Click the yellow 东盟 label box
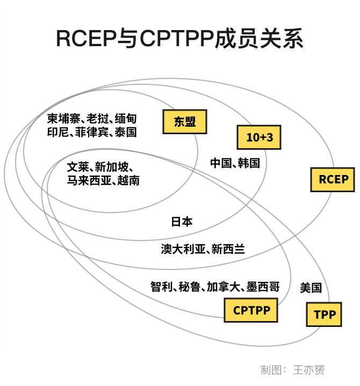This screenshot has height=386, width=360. (x=185, y=122)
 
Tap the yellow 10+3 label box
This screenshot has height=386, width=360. (x=260, y=137)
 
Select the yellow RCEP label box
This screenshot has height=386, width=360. (x=333, y=179)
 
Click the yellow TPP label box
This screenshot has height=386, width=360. (x=324, y=315)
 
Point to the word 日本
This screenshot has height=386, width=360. (x=182, y=221)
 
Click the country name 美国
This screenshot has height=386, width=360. (x=311, y=288)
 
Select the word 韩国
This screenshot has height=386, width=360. (x=249, y=163)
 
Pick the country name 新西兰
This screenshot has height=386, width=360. (x=228, y=249)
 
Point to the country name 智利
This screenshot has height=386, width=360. (x=161, y=287)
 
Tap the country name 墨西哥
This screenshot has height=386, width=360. (x=263, y=287)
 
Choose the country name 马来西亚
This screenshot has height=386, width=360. (x=87, y=181)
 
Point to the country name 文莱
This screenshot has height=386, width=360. (x=77, y=166)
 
